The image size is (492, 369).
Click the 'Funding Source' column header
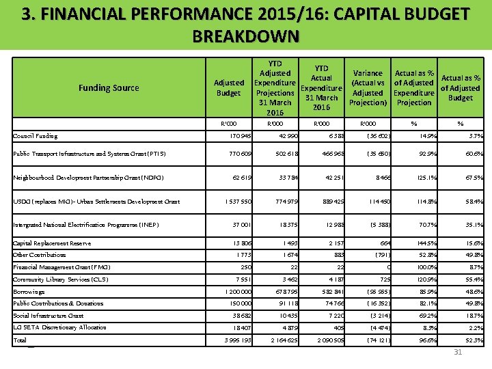point(109,87)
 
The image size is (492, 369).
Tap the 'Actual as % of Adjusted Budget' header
point(461,87)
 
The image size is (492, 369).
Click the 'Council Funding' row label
point(36,136)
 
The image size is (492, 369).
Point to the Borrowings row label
point(29,291)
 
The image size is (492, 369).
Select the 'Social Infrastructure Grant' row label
point(49,316)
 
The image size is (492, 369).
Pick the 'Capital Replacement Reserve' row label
point(52,243)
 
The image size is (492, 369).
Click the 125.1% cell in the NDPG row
point(421,178)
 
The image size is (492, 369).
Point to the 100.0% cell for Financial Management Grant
point(421,267)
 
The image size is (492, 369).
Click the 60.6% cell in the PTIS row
point(470,154)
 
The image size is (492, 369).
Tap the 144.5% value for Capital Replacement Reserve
point(421,243)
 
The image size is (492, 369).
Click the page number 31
point(458,352)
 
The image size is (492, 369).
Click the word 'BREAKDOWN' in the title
point(246,36)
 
